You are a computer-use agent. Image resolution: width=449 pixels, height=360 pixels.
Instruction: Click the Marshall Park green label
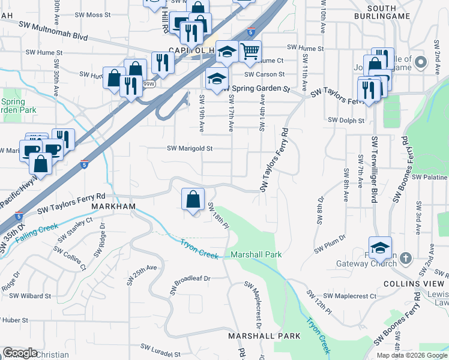pyautogui.click(x=256, y=254)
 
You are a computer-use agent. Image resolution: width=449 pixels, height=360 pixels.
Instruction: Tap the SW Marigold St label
pyautogui.click(x=190, y=148)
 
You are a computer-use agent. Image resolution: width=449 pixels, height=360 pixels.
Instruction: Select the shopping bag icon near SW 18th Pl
pyautogui.click(x=193, y=200)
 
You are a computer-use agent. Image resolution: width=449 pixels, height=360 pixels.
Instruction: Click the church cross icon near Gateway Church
pyautogui.click(x=406, y=258)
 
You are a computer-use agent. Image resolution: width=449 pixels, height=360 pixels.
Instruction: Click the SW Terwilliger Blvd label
pyautogui.click(x=374, y=170)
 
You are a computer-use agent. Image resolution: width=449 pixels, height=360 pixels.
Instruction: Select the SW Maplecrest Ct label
pyautogui.click(x=349, y=296)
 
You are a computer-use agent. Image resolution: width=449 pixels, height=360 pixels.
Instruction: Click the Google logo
pyautogui.click(x=20, y=353)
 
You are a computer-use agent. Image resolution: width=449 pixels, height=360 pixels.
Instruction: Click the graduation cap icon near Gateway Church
pyautogui.click(x=379, y=247)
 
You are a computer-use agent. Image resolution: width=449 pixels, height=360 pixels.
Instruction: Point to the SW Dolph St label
pyautogui.click(x=346, y=121)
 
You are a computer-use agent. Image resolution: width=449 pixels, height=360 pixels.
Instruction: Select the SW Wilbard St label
pyautogui.click(x=31, y=296)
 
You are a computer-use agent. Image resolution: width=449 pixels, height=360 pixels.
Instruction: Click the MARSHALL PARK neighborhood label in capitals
pyautogui.click(x=264, y=336)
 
